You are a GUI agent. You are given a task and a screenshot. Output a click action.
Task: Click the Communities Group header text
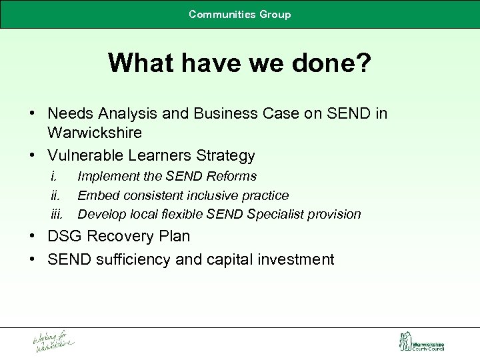[239, 14]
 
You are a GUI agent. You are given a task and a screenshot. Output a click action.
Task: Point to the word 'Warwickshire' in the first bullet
[95, 133]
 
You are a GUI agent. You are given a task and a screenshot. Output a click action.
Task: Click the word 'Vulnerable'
[85, 156]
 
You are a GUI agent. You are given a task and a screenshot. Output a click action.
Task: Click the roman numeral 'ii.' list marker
[55, 195]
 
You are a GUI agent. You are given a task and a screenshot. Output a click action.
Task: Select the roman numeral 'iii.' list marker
[56, 215]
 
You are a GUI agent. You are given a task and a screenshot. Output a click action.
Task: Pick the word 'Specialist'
[273, 215]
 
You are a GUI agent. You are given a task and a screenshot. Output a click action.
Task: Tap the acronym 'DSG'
[64, 237]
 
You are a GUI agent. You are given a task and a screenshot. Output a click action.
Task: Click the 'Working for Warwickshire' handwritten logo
[54, 341]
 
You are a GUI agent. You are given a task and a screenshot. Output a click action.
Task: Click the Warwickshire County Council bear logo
[405, 341]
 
